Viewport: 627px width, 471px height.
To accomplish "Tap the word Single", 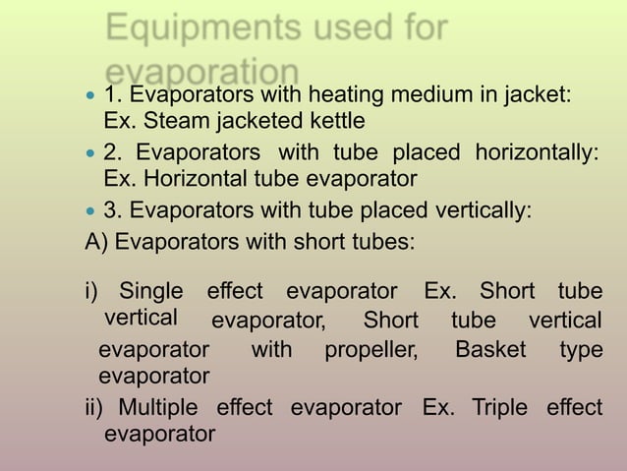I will pos(150,292).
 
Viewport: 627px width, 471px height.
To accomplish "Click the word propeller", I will pos(370,349).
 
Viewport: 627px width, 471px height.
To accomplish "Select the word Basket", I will pos(490,349).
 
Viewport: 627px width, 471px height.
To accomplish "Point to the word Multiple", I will pos(157,406).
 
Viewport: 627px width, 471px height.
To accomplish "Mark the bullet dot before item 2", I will pos(91,154).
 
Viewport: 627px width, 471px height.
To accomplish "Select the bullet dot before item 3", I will pos(91,210).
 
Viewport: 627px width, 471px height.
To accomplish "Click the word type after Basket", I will pos(581,350).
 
